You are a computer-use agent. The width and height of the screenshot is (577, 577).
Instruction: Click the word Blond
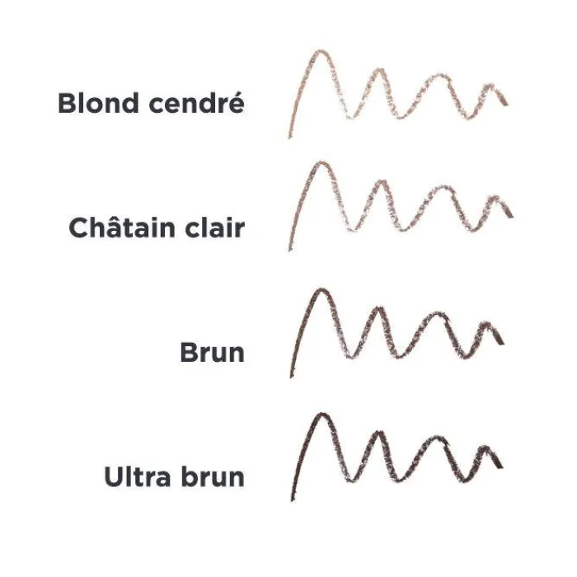point(98,103)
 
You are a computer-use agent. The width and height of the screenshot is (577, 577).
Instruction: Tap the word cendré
point(196,102)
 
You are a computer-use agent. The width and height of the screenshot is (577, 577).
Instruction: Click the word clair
point(214,227)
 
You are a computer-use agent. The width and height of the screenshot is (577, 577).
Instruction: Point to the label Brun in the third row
point(213,352)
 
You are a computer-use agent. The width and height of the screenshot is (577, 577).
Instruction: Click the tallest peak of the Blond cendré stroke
point(321,51)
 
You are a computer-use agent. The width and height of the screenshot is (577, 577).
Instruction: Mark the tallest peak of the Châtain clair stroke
point(321,162)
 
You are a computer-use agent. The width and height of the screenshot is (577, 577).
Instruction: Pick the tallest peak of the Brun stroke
point(321,290)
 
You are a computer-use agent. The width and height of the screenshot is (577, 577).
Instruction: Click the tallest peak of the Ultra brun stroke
point(321,415)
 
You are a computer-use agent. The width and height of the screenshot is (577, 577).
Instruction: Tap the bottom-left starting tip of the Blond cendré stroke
point(289,138)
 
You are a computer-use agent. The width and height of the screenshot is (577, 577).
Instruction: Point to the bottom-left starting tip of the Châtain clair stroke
point(290,251)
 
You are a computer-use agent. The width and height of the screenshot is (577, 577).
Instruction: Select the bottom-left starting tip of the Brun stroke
point(292,377)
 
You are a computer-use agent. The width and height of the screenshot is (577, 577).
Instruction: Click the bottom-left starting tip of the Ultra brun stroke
point(292,500)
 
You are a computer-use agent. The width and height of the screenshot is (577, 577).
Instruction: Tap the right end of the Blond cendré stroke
point(507,103)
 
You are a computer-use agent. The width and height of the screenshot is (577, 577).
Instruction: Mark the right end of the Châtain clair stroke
point(512,215)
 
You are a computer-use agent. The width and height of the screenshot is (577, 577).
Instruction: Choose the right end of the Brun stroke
point(503,343)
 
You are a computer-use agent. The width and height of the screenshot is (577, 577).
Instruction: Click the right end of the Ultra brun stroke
point(501,467)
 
